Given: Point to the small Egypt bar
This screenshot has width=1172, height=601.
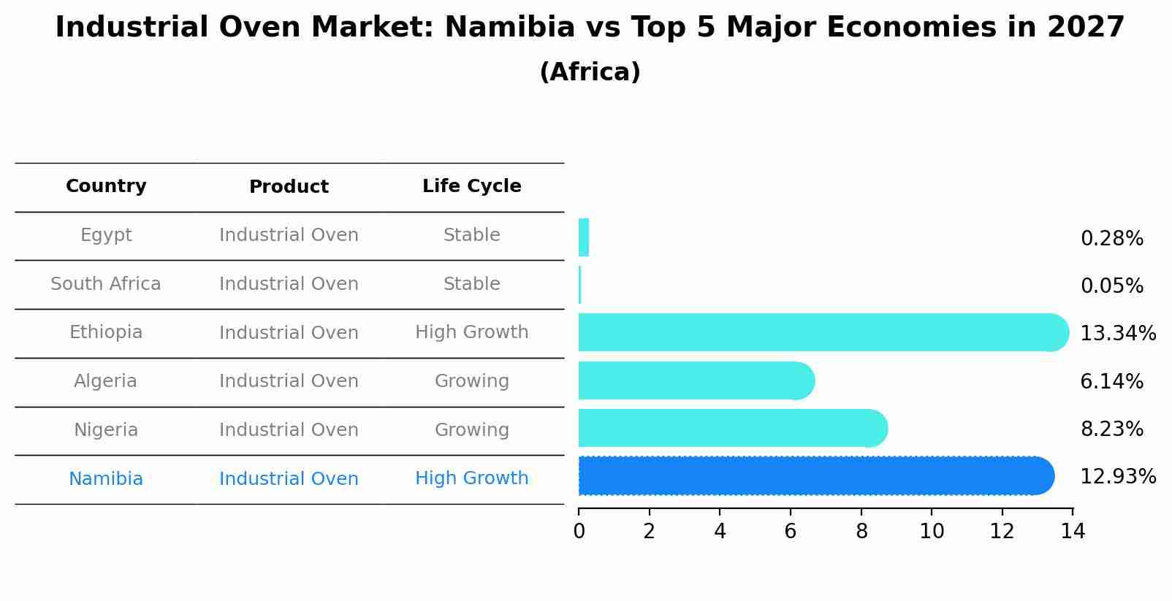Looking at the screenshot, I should pyautogui.click(x=583, y=237).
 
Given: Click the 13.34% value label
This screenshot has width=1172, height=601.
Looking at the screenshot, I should pyautogui.click(x=1117, y=334).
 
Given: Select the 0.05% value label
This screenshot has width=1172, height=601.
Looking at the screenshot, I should pyautogui.click(x=1111, y=286).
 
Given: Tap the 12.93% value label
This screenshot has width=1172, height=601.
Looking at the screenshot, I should pyautogui.click(x=1117, y=477).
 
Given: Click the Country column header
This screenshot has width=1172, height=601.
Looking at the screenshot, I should pyautogui.click(x=106, y=186).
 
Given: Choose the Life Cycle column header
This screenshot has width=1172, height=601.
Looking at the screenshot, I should pyautogui.click(x=471, y=186).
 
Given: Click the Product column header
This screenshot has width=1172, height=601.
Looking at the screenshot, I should pyautogui.click(x=289, y=187).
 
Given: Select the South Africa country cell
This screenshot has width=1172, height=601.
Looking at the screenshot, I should pyautogui.click(x=106, y=284).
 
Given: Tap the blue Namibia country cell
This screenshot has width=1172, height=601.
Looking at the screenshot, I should pyautogui.click(x=106, y=479).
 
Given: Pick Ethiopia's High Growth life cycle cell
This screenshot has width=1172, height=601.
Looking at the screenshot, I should pyautogui.click(x=471, y=332).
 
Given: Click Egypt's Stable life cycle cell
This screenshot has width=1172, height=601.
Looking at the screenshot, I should pyautogui.click(x=471, y=235).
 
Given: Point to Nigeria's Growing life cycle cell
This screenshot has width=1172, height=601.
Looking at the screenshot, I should pyautogui.click(x=471, y=430).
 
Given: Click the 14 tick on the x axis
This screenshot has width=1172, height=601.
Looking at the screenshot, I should pyautogui.click(x=1072, y=532).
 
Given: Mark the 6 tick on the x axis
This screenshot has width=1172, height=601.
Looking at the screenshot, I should pyautogui.click(x=790, y=532).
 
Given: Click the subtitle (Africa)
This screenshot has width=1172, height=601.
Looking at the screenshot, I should pyautogui.click(x=590, y=72).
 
